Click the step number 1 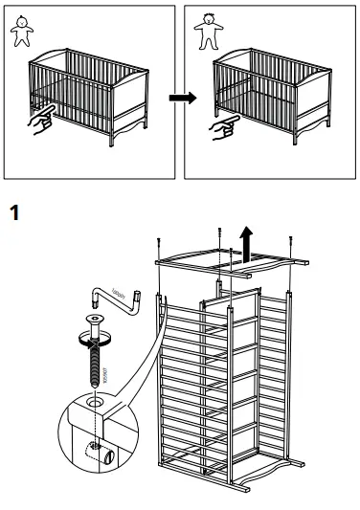point(14,212)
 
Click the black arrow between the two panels point(179,98)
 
